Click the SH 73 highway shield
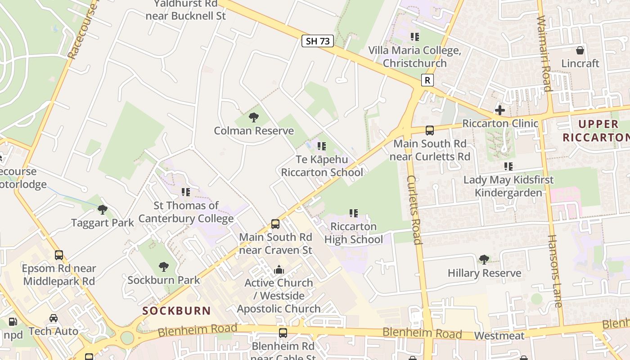click(x=318, y=41)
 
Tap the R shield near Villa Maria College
click(x=427, y=80)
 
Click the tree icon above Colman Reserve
click(x=254, y=118)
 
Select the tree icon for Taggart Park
click(x=103, y=210)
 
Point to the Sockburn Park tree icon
click(x=164, y=267)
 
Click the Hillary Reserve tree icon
click(x=484, y=260)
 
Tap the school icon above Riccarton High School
click(x=354, y=213)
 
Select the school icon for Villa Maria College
click(x=414, y=37)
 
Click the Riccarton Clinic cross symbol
click(x=499, y=110)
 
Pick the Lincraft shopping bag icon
click(x=580, y=50)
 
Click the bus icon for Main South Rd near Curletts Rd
click(x=430, y=130)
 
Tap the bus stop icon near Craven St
click(x=275, y=224)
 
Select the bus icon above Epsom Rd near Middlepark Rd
click(x=59, y=255)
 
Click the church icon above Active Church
click(x=279, y=270)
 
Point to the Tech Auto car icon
click(x=54, y=318)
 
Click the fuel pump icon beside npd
click(x=13, y=322)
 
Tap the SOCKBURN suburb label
click(x=176, y=310)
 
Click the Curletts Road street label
click(x=414, y=210)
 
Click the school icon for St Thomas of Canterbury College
click(x=186, y=192)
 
